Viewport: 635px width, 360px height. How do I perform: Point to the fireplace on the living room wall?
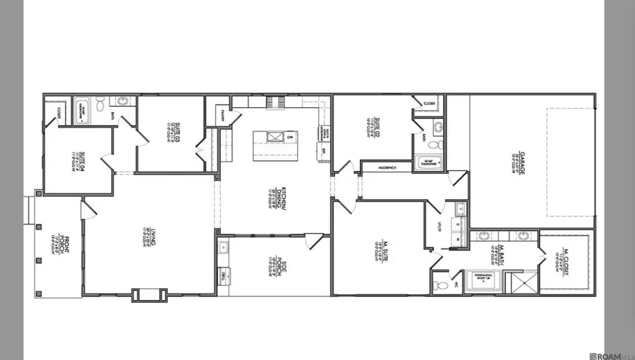pyautogui.click(x=150, y=294)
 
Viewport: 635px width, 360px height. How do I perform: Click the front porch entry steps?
pyautogui.click(x=29, y=210)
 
